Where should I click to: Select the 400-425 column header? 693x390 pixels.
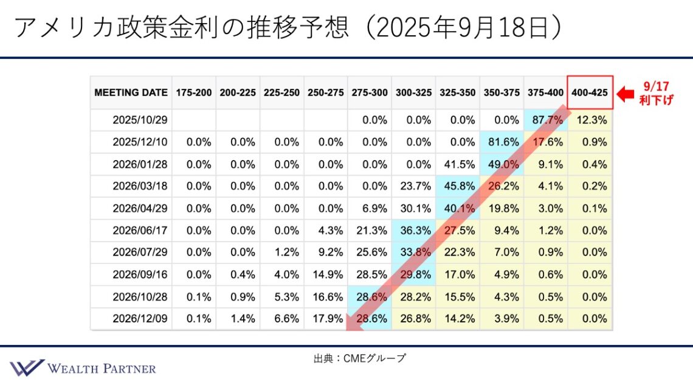(590, 93)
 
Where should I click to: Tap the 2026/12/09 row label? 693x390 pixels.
(139, 318)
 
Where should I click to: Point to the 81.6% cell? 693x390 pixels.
(502, 142)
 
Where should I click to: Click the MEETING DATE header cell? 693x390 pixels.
(131, 93)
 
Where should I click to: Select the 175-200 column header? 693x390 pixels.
(194, 93)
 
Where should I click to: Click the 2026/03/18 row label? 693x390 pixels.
(139, 186)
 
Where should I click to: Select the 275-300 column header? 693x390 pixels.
(370, 93)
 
